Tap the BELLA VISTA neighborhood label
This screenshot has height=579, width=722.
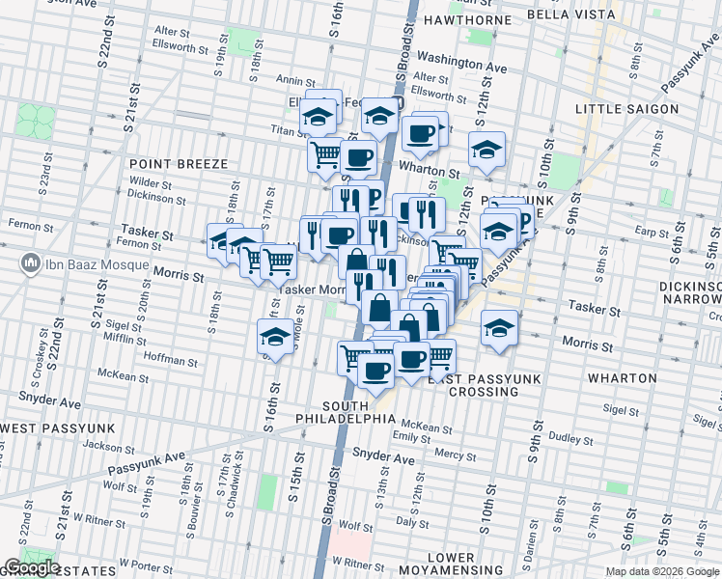coord(572,14)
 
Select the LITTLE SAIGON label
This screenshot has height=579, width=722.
coord(626,109)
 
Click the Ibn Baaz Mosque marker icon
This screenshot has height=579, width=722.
coord(30,263)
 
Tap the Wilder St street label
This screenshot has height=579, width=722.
coord(150,182)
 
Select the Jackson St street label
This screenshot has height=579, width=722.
coord(102,447)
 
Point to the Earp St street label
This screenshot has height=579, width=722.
coord(653,233)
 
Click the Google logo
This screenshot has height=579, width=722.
coord(32,566)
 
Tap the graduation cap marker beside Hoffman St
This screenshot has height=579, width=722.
coord(276,337)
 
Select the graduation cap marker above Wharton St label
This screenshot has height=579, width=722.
coord(486,150)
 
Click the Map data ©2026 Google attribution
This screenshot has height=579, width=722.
coord(660,571)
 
